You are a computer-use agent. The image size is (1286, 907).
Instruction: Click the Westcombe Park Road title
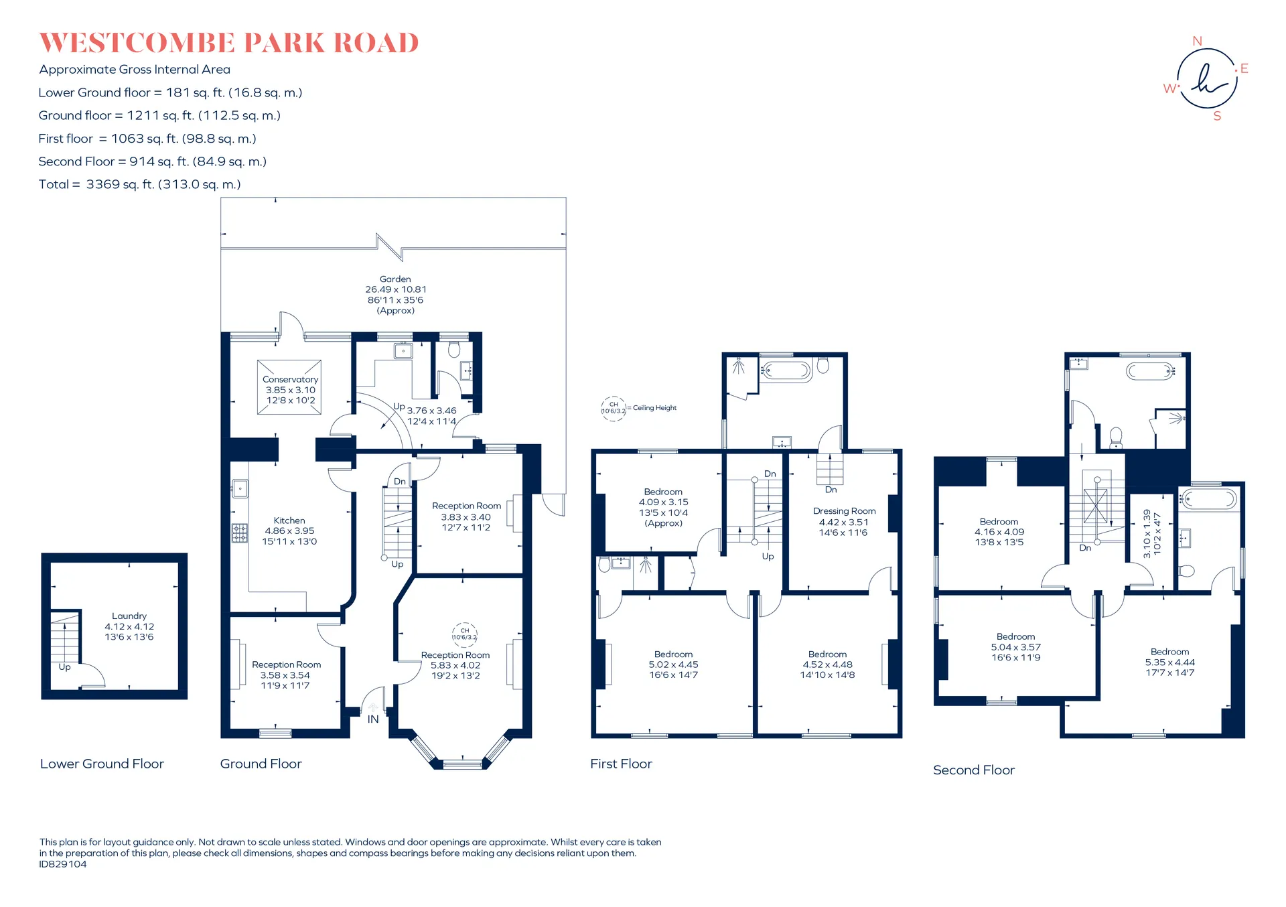point(229,43)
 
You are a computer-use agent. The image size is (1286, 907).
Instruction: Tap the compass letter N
point(1198,41)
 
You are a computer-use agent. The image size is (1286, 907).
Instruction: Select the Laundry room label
point(129,616)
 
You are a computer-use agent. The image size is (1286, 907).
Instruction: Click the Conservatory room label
point(290,379)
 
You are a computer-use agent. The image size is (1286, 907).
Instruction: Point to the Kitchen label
point(289,520)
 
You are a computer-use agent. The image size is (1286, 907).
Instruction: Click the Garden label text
point(395,279)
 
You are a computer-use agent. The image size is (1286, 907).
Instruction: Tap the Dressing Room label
point(844,511)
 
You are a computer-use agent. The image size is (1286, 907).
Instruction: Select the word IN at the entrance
point(373,719)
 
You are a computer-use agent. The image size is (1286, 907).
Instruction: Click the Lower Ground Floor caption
point(102,764)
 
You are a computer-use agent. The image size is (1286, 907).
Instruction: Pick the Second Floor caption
point(974,770)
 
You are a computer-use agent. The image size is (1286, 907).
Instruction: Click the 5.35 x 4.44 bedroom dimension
point(1170,662)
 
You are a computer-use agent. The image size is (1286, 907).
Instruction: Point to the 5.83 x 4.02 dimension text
point(455,665)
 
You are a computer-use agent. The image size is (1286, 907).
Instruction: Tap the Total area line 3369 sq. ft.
point(139,184)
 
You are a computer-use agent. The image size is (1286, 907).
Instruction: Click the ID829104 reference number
point(63,864)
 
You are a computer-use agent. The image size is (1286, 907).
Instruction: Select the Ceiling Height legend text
point(654,408)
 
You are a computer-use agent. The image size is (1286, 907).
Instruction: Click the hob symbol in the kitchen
point(239,533)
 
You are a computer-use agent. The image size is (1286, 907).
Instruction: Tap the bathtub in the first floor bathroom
point(786,370)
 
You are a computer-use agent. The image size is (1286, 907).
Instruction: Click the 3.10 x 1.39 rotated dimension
point(1147,534)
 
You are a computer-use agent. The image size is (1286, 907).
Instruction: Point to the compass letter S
point(1217,116)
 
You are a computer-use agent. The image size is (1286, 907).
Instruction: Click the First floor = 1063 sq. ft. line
point(147,139)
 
